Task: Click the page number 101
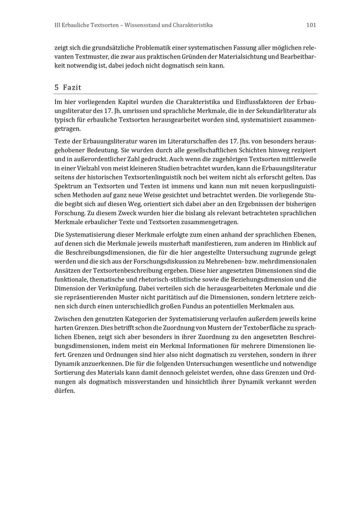[311, 25]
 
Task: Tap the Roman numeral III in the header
[57, 25]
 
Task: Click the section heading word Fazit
[72, 87]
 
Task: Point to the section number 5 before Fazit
[57, 87]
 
